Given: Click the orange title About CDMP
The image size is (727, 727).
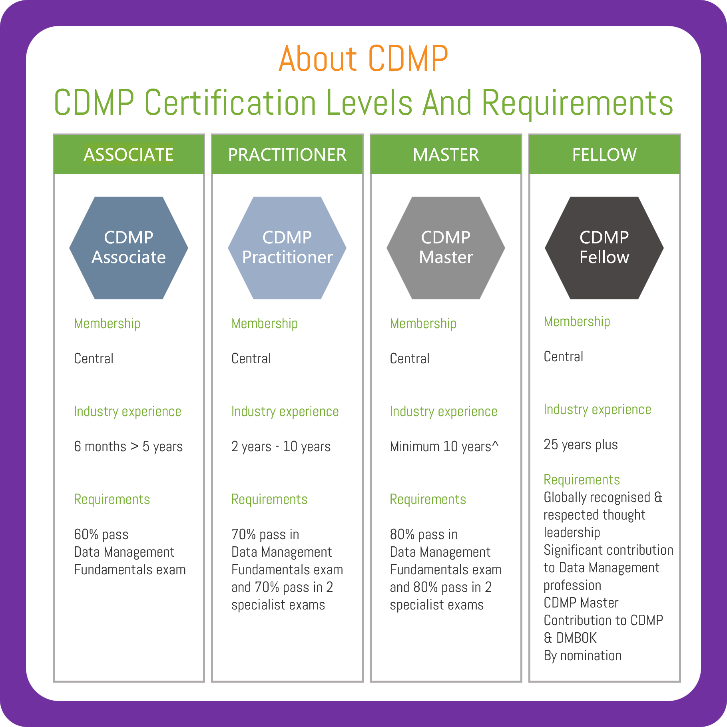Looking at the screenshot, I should click(x=363, y=59).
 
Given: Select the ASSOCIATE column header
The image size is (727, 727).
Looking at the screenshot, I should click(x=128, y=155).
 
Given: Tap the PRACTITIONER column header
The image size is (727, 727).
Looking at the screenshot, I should click(x=287, y=155).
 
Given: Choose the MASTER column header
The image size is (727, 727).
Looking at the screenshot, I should click(x=446, y=155).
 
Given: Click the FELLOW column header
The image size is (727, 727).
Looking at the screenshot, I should click(x=604, y=155).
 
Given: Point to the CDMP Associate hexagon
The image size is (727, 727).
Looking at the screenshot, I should click(x=128, y=247).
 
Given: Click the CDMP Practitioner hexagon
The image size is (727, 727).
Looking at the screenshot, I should click(x=287, y=247).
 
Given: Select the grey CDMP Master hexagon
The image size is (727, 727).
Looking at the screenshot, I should click(x=446, y=247).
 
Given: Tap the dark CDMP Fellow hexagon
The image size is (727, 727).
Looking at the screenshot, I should click(x=604, y=247).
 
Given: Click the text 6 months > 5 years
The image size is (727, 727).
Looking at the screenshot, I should click(x=128, y=446).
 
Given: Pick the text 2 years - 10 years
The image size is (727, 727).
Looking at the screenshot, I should click(x=281, y=446).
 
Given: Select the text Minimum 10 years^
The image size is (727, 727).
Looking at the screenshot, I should click(x=444, y=446).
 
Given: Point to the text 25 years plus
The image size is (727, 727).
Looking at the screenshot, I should click(x=580, y=444).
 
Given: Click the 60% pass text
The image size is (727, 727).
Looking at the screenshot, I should click(x=101, y=534).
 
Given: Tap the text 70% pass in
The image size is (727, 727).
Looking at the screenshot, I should click(x=265, y=534).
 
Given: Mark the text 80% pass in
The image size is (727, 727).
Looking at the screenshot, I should click(x=424, y=534).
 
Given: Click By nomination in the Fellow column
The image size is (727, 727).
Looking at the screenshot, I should click(x=582, y=655).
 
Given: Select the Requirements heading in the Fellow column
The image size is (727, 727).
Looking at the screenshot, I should click(x=582, y=480).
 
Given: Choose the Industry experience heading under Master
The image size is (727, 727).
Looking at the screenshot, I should click(x=443, y=411).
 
